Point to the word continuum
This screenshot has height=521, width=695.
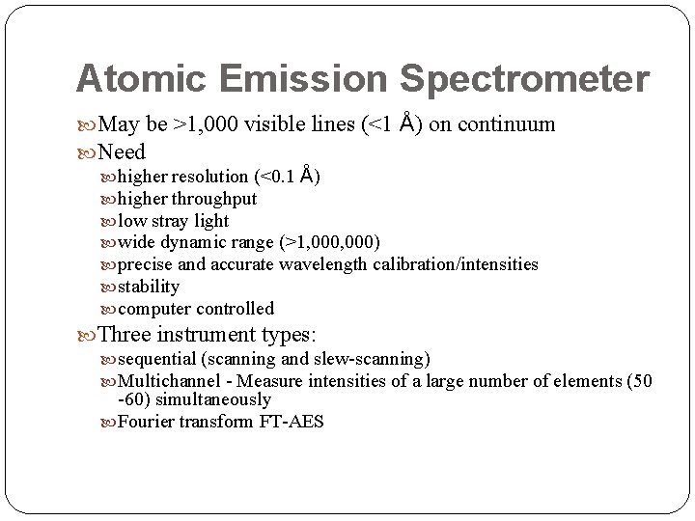pyautogui.click(x=508, y=124)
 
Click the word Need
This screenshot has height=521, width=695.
pyautogui.click(x=122, y=152)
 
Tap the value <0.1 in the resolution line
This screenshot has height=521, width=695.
pyautogui.click(x=275, y=177)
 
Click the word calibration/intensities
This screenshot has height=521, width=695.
pyautogui.click(x=458, y=264)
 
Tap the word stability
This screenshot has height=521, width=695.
pyautogui.click(x=149, y=287)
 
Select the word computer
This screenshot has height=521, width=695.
pyautogui.click(x=154, y=309)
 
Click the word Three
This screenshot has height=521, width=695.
pyautogui.click(x=132, y=335)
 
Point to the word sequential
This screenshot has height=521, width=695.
pyautogui.click(x=156, y=359)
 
